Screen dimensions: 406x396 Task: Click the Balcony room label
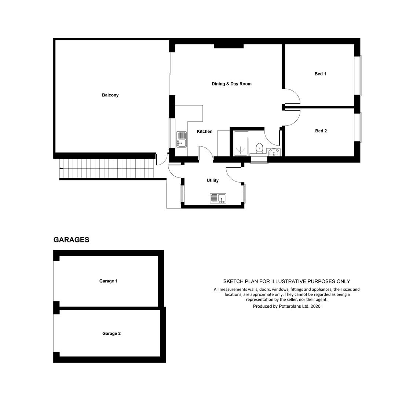click(x=110, y=95)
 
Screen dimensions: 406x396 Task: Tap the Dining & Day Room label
click(x=231, y=84)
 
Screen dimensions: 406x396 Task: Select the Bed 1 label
click(x=320, y=74)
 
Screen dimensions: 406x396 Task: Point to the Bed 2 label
click(x=321, y=131)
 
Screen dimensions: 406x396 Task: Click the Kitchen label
click(x=205, y=132)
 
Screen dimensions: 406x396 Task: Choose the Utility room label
click(x=213, y=180)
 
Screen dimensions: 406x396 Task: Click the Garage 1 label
click(x=108, y=281)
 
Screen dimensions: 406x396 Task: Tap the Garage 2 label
click(x=111, y=333)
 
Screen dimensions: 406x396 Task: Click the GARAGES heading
click(x=71, y=240)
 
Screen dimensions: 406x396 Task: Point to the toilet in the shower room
click(x=259, y=148)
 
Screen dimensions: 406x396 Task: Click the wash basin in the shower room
click(x=274, y=152)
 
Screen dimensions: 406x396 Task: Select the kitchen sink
click(x=182, y=139)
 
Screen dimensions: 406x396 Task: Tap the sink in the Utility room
click(x=218, y=198)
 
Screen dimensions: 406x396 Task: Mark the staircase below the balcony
click(x=107, y=169)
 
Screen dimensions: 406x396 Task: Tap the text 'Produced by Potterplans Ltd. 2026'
click(x=287, y=306)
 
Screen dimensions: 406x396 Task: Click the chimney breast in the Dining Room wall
click(x=228, y=46)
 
